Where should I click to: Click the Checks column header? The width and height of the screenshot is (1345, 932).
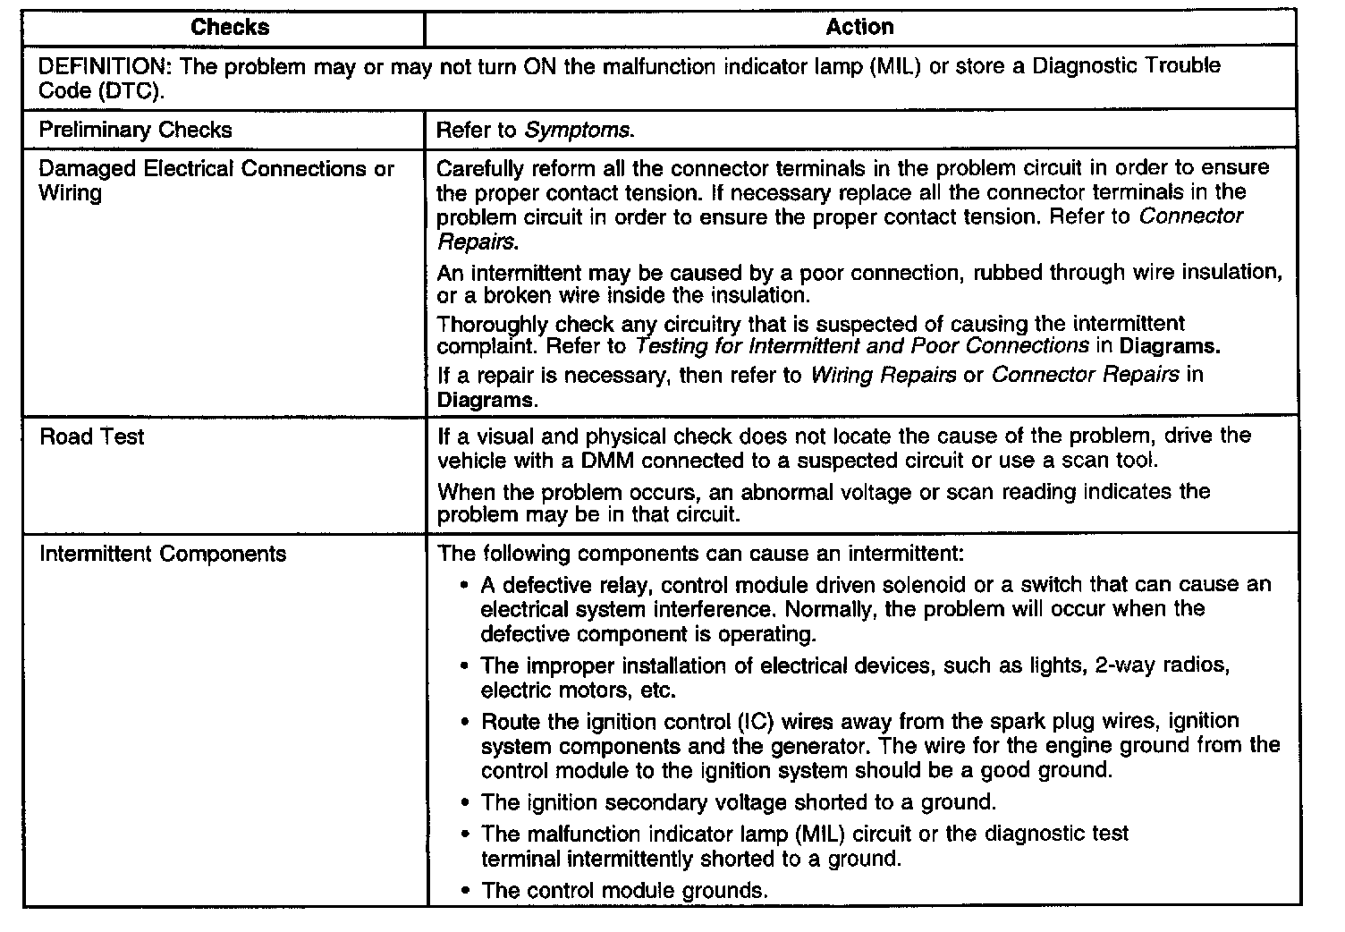(230, 28)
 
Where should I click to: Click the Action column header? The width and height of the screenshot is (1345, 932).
(859, 28)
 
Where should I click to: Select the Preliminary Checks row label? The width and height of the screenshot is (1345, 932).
(135, 130)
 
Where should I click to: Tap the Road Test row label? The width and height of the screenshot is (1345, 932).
(92, 437)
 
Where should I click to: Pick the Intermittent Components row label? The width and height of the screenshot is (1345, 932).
(163, 554)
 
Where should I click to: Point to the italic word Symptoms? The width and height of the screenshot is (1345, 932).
(577, 131)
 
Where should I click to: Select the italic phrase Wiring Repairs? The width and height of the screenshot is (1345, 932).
(883, 376)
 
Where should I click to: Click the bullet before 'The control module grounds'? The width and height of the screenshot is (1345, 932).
(464, 892)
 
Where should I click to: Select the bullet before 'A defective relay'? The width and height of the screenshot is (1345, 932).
(464, 586)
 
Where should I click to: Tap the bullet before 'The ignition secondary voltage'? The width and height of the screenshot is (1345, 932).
(464, 803)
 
